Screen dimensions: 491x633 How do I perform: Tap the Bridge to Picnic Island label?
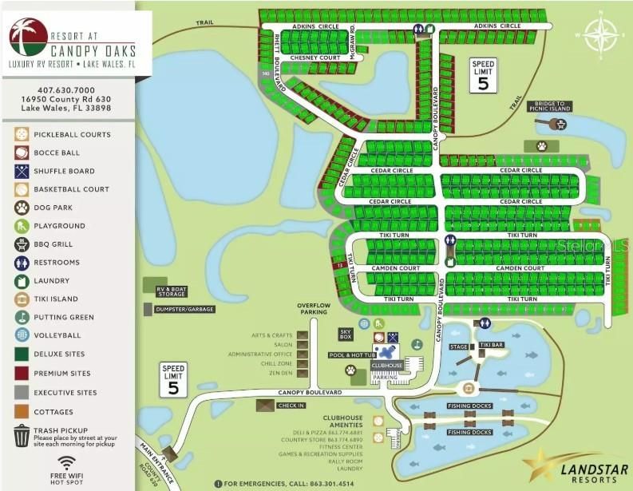click(550, 107)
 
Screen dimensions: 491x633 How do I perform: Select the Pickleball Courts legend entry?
click(72, 134)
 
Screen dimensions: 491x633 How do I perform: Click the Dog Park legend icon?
click(22, 208)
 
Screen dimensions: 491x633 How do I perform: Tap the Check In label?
click(291, 405)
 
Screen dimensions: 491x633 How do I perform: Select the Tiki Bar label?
click(492, 345)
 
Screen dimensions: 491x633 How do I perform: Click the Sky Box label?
click(346, 333)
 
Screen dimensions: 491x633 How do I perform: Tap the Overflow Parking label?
click(314, 309)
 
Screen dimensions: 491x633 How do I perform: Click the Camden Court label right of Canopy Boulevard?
click(520, 268)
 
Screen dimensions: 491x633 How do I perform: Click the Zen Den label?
click(279, 373)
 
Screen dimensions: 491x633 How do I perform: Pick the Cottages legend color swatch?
click(22, 412)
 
